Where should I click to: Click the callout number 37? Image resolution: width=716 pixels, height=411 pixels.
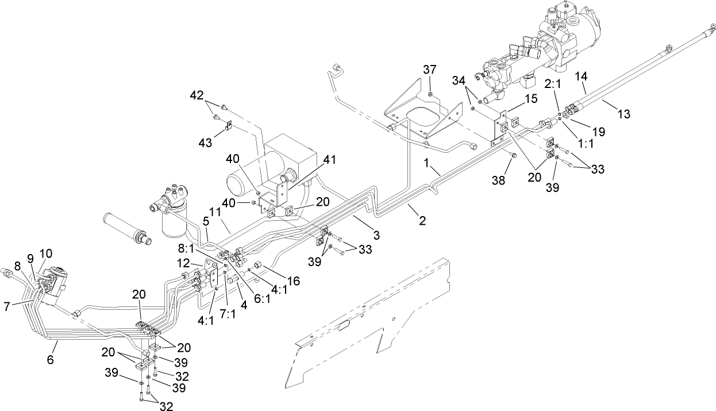tap(430, 70)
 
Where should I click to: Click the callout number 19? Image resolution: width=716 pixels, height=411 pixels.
tap(598, 132)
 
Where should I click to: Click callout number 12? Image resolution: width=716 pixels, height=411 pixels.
tap(183, 263)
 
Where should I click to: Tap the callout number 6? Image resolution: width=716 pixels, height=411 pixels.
tap(50, 360)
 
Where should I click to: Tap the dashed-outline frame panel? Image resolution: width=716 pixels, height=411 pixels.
tap(368, 328)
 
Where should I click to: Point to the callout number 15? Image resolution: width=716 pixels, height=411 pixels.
tap(530, 98)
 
